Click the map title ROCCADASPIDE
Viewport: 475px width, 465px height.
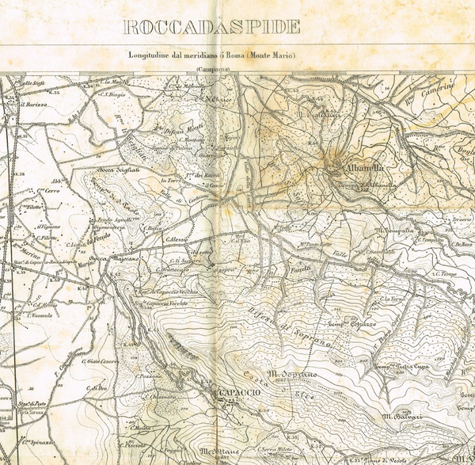[212, 27]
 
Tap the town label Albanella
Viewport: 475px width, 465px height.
[363, 168]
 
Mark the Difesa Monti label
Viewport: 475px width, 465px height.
[171, 131]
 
